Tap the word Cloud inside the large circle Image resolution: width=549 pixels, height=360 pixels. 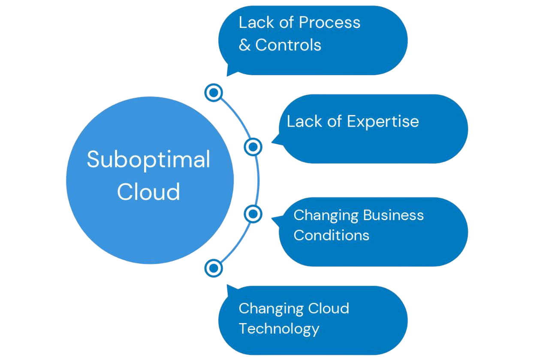click(148, 192)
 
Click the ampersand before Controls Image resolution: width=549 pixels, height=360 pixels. click(244, 45)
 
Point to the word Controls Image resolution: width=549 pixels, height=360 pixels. click(288, 45)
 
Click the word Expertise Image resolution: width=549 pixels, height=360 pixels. click(383, 121)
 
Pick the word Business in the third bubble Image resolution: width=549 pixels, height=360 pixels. click(394, 215)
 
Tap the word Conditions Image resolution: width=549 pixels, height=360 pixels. click(331, 235)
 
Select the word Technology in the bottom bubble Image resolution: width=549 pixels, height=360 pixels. click(279, 329)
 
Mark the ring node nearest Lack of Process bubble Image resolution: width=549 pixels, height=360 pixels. click(214, 92)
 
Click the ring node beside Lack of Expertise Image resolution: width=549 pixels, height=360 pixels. click(253, 147)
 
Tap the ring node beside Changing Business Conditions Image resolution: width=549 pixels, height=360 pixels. click(253, 213)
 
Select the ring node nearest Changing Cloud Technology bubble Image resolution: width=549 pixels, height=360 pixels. click(214, 268)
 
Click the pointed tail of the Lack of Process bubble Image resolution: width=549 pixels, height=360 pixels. click(229, 73)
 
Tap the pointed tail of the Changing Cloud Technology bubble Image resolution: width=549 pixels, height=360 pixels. click(229, 287)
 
